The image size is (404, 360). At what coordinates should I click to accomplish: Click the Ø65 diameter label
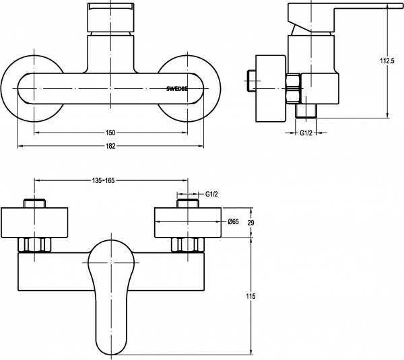(232, 221)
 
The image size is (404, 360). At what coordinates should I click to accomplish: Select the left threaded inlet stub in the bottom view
(34, 203)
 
